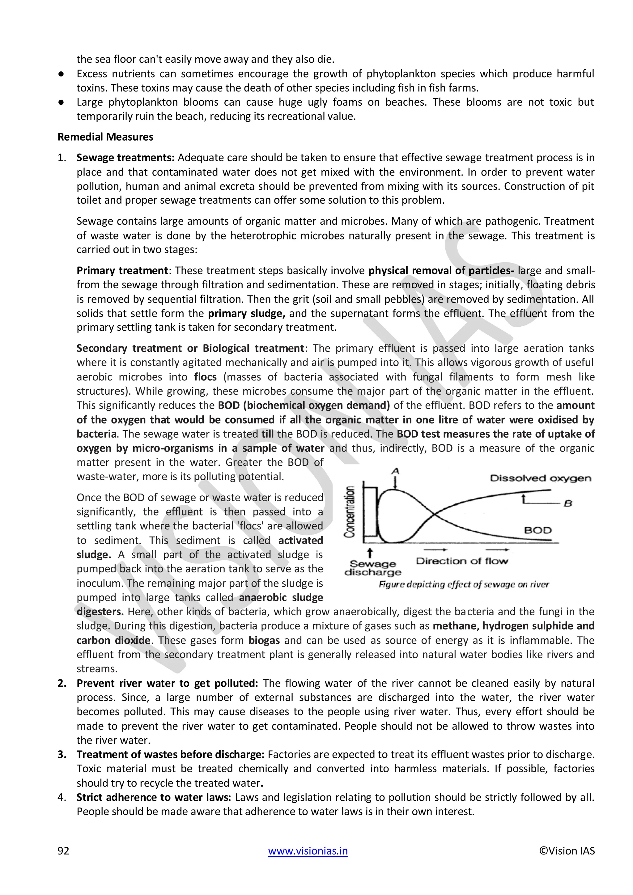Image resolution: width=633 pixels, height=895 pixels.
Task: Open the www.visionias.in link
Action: coord(308,850)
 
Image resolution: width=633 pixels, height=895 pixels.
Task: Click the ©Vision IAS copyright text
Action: coord(567,850)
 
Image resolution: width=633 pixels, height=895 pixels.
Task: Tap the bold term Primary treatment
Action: coord(122,270)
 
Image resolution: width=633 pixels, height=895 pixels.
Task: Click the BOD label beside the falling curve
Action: coord(537,530)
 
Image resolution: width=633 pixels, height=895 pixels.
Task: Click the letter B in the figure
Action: coord(568,503)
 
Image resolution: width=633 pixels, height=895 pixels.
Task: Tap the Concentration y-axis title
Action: coord(350,512)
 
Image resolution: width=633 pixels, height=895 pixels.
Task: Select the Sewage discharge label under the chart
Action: coord(373,568)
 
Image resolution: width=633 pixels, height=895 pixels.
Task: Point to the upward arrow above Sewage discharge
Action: coord(370,553)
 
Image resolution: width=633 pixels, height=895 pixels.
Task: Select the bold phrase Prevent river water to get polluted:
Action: coord(167,683)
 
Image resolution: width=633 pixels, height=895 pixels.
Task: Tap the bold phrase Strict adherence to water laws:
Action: coord(154,797)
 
